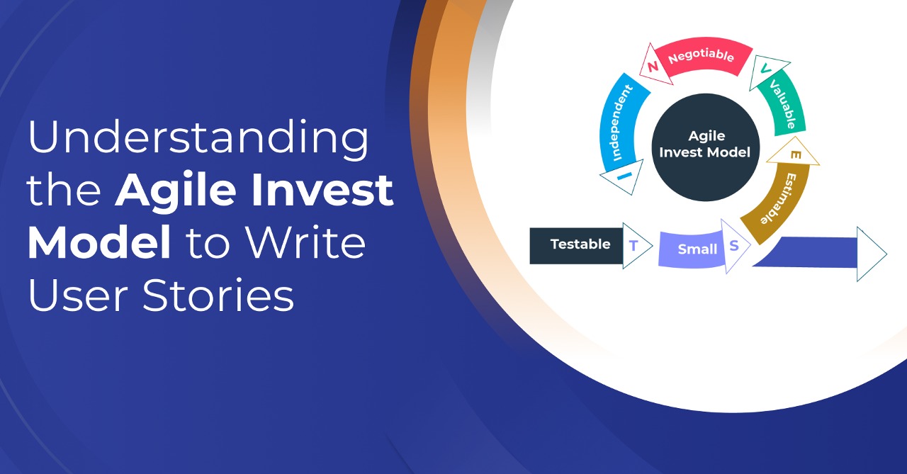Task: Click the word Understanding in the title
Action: (198, 140)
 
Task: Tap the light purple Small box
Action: (691, 249)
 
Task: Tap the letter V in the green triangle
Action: (765, 69)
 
